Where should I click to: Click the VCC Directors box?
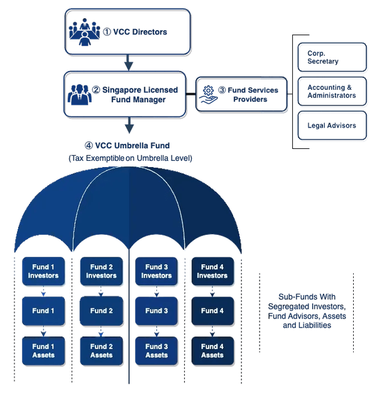tap(126, 30)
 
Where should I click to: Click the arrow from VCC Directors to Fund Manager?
tap(129, 63)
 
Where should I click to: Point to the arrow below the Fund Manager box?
tap(129, 125)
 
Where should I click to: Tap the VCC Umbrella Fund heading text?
tap(130, 146)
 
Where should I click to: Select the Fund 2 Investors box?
tap(101, 271)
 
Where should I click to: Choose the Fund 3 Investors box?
tap(156, 271)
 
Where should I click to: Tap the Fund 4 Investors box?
tap(212, 271)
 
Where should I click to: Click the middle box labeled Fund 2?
tap(101, 311)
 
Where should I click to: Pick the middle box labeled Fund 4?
tap(212, 311)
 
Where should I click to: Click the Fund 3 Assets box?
tap(156, 350)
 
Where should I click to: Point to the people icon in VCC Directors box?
tap(84, 30)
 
